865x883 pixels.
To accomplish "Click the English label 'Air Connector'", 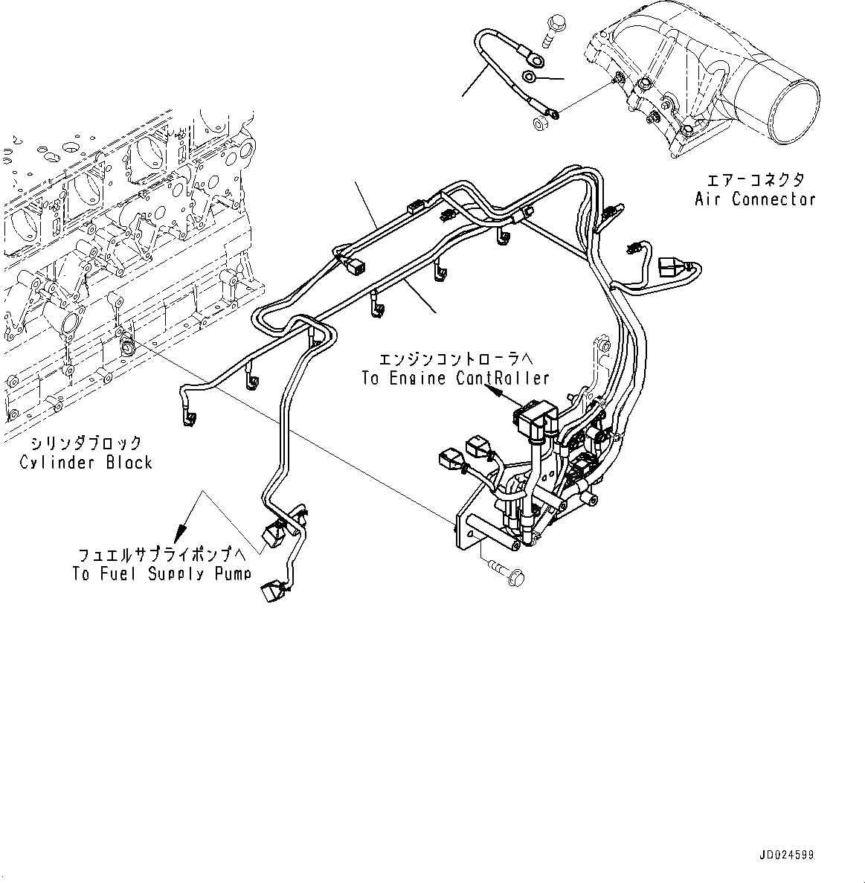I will coord(755,199).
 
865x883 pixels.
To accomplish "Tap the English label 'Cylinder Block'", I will coord(86,463).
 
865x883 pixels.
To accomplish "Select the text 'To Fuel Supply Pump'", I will coord(161,574).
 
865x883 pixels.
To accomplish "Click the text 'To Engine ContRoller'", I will coord(455,379).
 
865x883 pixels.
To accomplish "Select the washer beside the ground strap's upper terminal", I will coord(529,76).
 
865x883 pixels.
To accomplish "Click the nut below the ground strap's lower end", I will coord(539,124).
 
